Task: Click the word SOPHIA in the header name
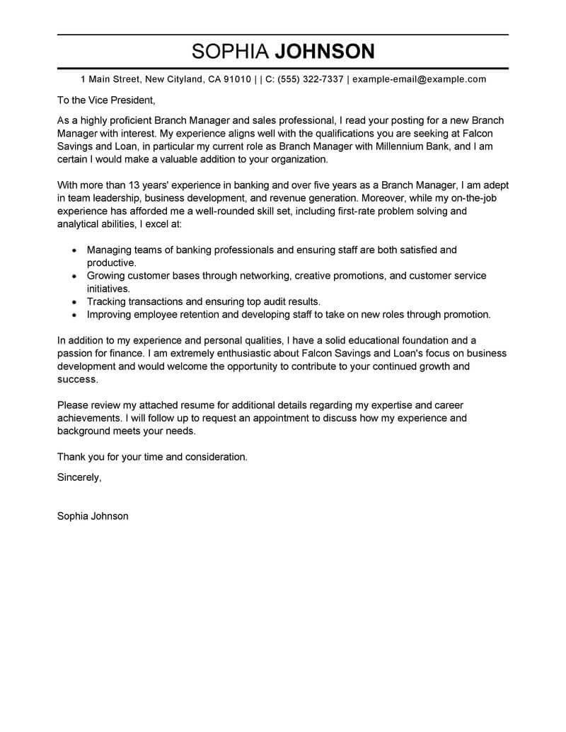230,51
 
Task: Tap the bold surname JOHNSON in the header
324,51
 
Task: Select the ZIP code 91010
237,79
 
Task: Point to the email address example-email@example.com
419,79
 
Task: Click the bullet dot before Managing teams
75,250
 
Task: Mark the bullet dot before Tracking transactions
75,302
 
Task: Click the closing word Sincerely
79,477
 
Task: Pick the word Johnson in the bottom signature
110,516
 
